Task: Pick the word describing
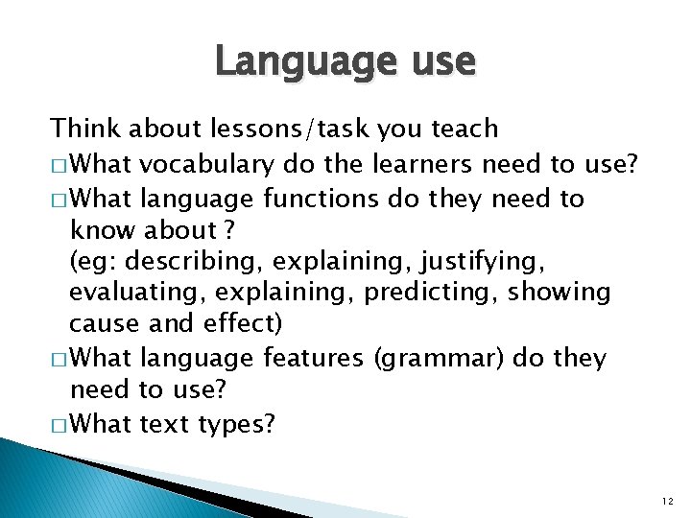[x=199, y=260]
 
